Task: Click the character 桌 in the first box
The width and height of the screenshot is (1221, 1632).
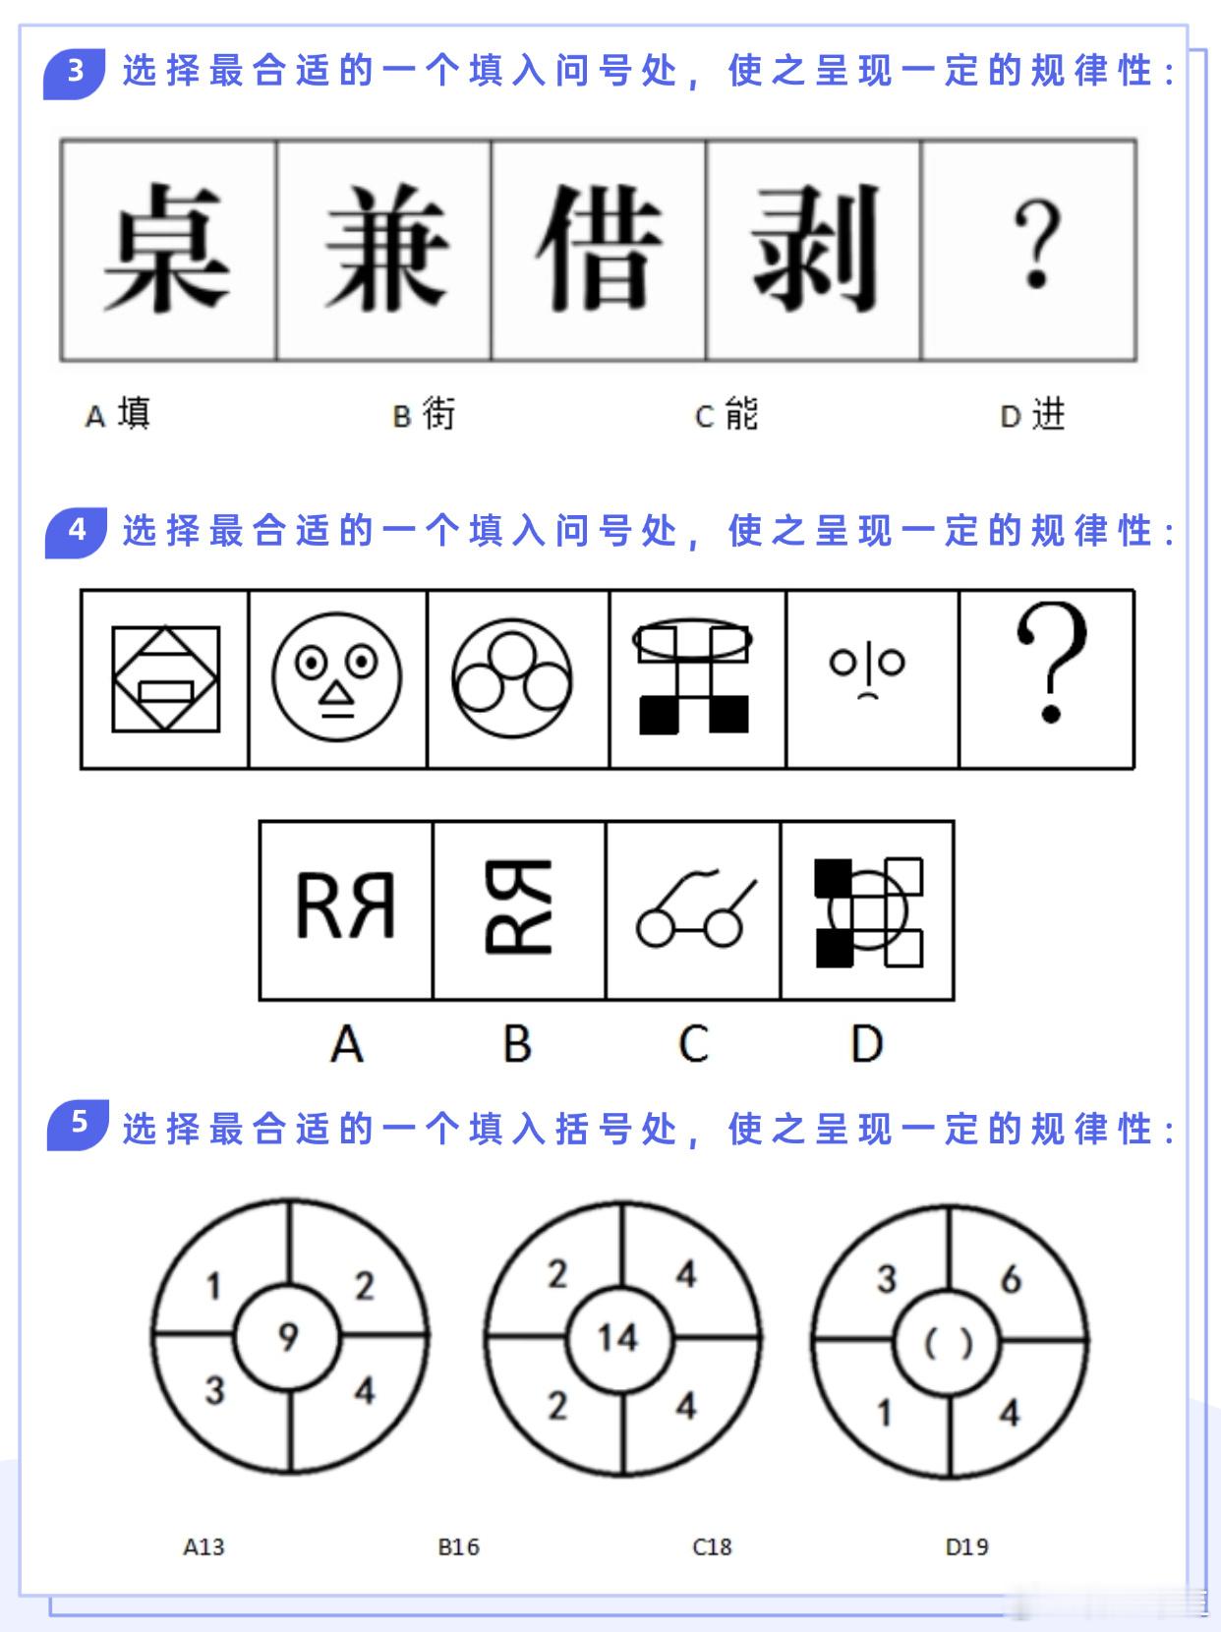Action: click(166, 248)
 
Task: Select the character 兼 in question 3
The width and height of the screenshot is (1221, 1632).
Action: click(385, 248)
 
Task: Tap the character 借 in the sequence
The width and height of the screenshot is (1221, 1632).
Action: click(599, 248)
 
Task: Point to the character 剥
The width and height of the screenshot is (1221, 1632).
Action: click(814, 248)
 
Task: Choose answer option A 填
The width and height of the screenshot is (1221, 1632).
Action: click(119, 414)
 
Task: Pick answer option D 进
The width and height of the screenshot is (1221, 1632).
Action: click(1033, 415)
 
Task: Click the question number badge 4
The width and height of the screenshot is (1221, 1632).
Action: click(76, 531)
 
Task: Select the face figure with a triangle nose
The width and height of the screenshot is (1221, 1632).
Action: click(337, 678)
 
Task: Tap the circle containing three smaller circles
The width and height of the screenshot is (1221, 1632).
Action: click(512, 678)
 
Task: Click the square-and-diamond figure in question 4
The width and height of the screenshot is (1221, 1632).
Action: click(165, 678)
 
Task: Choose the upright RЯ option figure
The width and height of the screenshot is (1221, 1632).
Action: click(346, 906)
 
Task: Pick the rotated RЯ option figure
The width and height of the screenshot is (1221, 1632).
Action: click(518, 906)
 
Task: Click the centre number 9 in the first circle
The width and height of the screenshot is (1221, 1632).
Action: click(288, 1336)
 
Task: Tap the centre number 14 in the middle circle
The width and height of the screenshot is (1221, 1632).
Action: click(618, 1337)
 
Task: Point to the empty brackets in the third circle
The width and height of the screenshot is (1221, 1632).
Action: click(949, 1343)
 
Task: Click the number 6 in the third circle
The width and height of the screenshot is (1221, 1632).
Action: click(1011, 1279)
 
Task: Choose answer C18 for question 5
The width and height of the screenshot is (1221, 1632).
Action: click(712, 1546)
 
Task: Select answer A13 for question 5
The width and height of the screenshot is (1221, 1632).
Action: click(203, 1546)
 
